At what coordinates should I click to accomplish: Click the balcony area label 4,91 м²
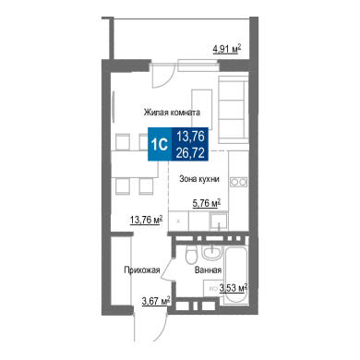pyautogui.click(x=227, y=49)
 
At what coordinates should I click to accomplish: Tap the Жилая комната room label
pyautogui.click(x=172, y=113)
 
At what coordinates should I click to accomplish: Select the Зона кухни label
pyautogui.click(x=199, y=179)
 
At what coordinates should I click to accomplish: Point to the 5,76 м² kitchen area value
pyautogui.click(x=207, y=203)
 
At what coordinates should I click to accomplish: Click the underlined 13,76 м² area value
pyautogui.click(x=147, y=220)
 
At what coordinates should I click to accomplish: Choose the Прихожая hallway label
pyautogui.click(x=142, y=270)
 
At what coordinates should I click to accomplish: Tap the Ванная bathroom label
pyautogui.click(x=208, y=270)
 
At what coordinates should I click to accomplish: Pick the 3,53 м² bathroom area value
pyautogui.click(x=234, y=288)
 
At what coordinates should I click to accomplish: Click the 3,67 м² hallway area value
pyautogui.click(x=156, y=301)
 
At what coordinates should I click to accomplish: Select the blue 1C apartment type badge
pyautogui.click(x=160, y=144)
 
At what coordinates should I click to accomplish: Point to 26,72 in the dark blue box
pyautogui.click(x=190, y=152)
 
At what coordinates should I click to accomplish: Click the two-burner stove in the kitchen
pyautogui.click(x=239, y=182)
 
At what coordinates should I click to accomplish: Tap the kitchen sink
pyautogui.click(x=219, y=222)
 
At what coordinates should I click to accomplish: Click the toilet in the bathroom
pyautogui.click(x=191, y=254)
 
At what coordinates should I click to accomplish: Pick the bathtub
pyautogui.click(x=235, y=272)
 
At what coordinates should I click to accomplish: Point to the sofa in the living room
pyautogui.click(x=234, y=110)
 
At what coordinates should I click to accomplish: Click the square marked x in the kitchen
pyautogui.click(x=178, y=221)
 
